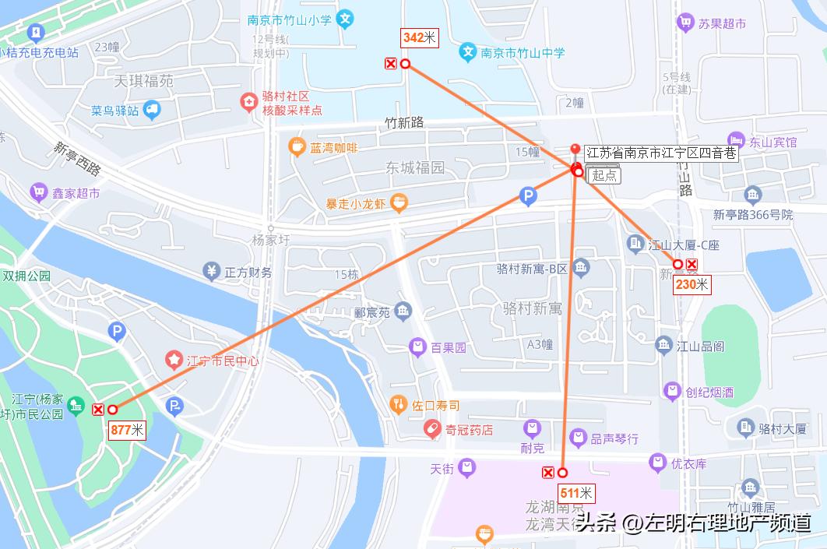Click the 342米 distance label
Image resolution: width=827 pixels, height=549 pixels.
coord(420,37)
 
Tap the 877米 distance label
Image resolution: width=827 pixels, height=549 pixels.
coord(127,430)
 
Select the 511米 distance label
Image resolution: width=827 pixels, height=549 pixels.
coord(576,493)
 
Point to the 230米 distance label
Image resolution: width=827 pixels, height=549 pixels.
coord(692,284)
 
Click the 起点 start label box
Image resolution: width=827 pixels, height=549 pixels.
coord(604,175)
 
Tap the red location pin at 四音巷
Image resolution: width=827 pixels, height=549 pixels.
coord(575,150)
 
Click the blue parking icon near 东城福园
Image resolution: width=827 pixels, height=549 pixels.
coord(528,197)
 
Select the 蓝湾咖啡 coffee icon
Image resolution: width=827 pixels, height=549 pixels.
coord(296,146)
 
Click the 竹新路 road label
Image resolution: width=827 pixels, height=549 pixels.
coord(404,122)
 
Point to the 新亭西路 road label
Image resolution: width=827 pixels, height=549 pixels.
coord(77,158)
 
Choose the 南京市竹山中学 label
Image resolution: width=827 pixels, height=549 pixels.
coord(523,53)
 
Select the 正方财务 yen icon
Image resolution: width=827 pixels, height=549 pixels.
coord(211,272)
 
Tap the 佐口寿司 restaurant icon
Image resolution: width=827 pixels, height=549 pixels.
coord(398,404)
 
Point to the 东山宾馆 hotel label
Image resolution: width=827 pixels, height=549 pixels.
coord(773,143)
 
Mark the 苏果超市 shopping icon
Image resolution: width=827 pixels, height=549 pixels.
coord(685,23)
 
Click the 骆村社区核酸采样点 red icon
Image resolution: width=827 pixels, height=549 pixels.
coord(248,102)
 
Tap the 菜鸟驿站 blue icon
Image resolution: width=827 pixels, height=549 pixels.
coord(151,110)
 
